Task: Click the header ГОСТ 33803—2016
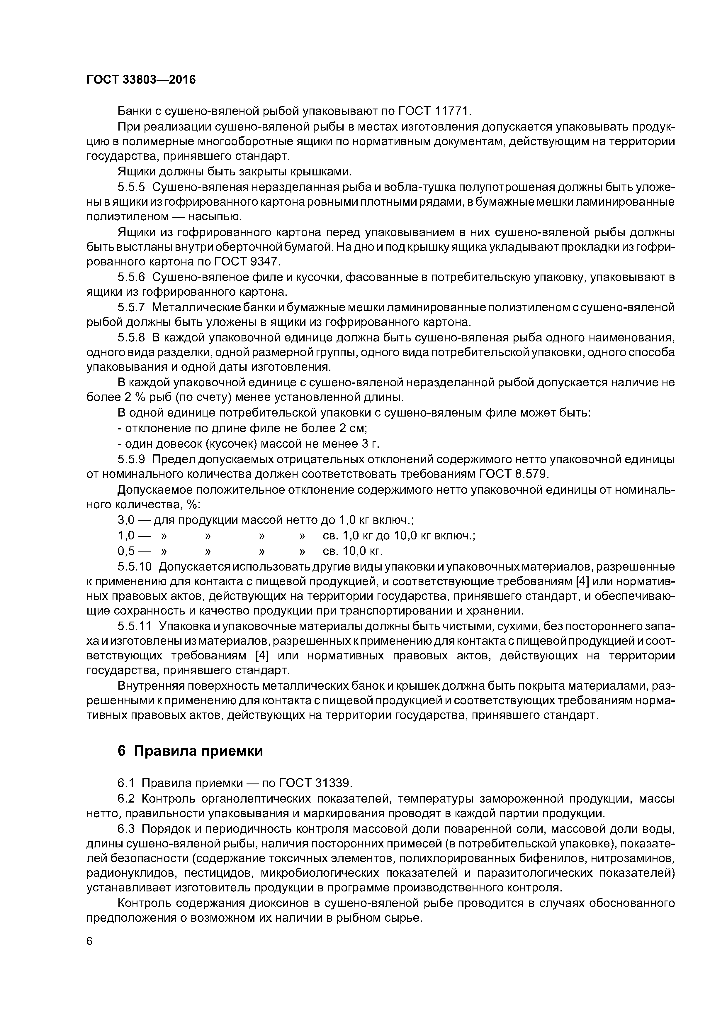pos(141,80)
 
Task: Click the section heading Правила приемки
pos(198,751)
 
